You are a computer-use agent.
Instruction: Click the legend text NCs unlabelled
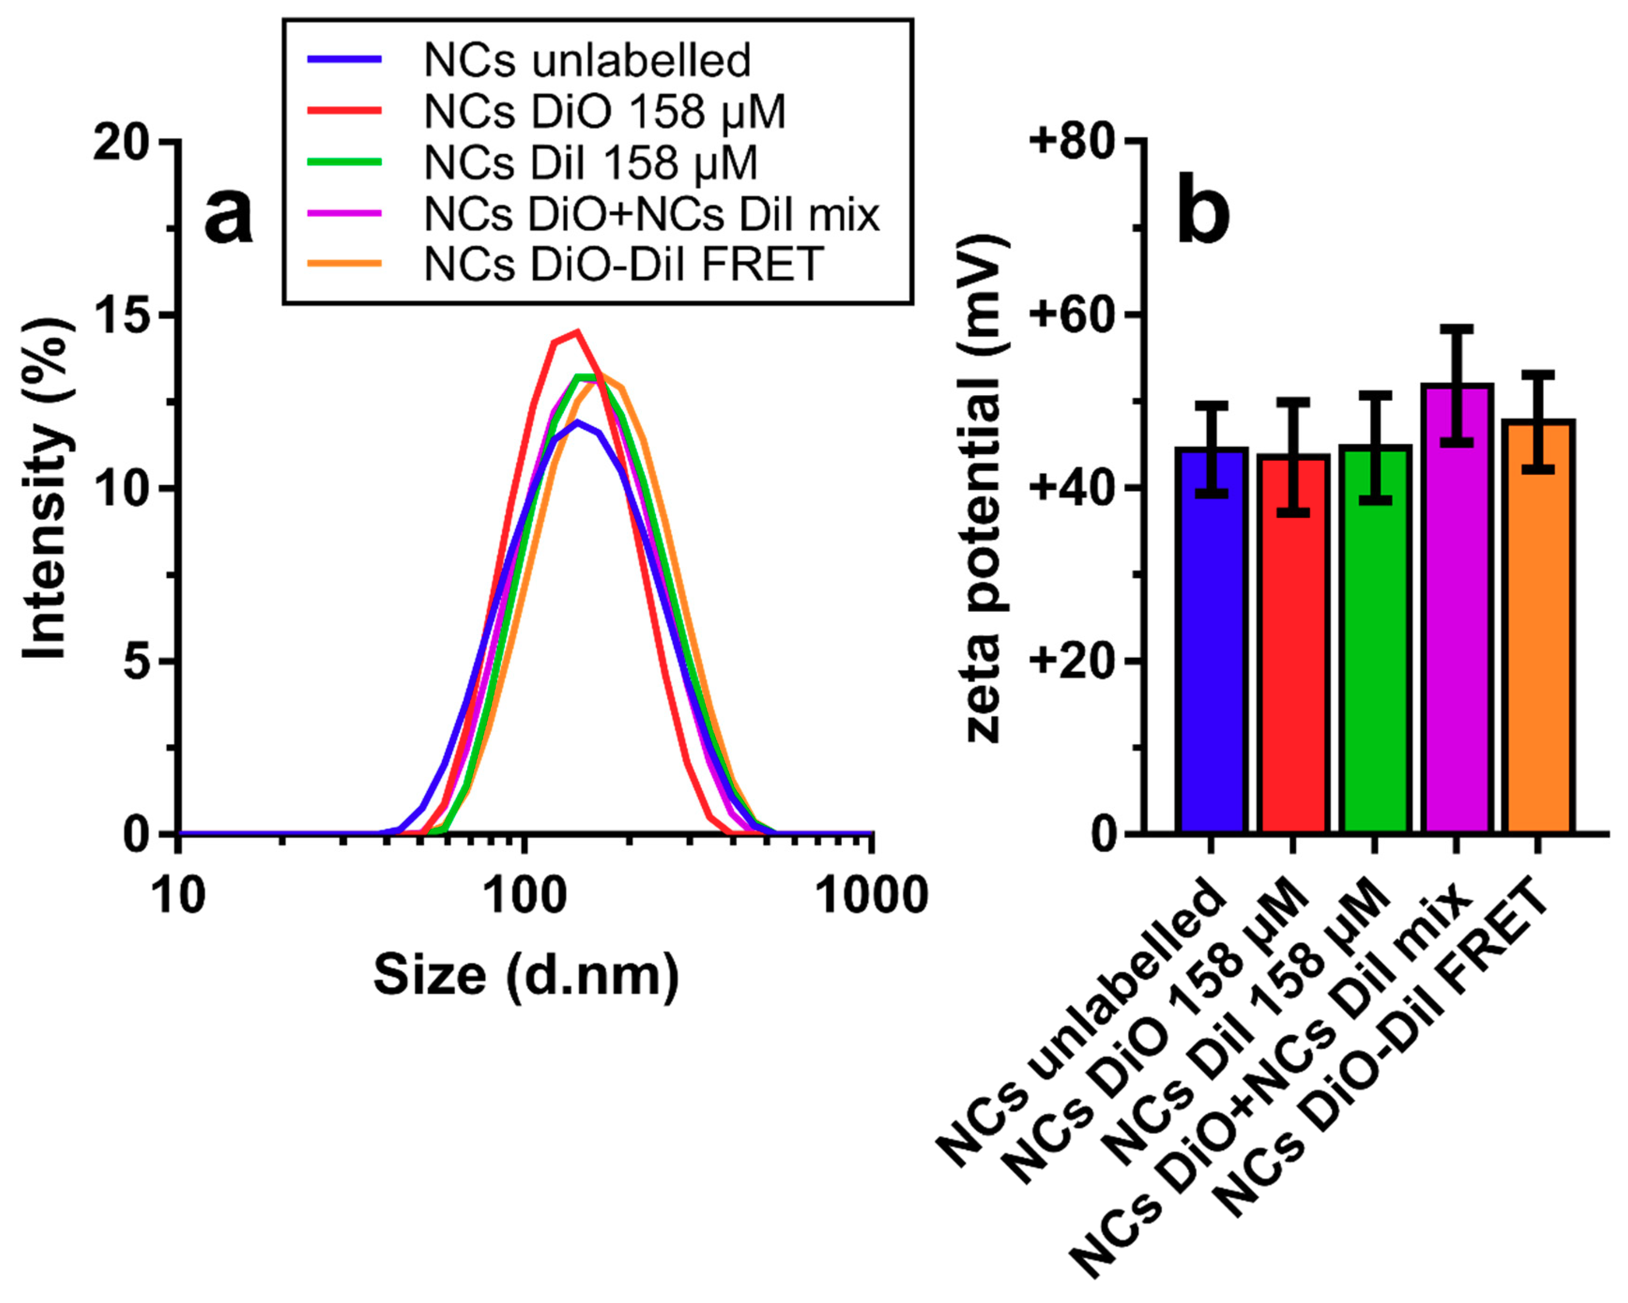[588, 61]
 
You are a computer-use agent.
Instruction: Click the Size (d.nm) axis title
[526, 976]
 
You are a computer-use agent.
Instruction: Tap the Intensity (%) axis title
[47, 488]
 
